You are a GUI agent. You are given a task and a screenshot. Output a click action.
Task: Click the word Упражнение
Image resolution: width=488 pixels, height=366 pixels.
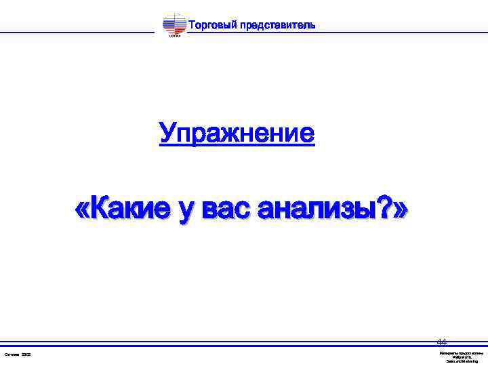pos(237,134)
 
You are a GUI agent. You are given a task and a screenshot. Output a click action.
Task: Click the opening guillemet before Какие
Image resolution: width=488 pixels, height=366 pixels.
pos(81,209)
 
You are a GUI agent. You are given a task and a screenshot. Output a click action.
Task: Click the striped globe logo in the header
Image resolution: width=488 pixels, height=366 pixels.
pos(174,24)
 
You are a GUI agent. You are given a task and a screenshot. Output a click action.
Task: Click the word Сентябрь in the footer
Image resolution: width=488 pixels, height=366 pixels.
pos(13,354)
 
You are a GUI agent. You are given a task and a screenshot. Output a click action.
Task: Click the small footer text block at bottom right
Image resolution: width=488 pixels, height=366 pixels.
pos(461,357)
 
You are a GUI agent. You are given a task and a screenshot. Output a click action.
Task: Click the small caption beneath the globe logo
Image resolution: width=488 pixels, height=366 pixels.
pos(174,37)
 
